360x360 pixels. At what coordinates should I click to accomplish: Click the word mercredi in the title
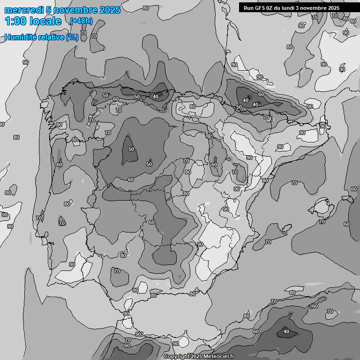(22, 10)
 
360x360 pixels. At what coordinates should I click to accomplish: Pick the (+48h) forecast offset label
(81, 21)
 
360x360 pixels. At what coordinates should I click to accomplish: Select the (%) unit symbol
(72, 37)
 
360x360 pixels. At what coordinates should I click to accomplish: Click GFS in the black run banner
(259, 8)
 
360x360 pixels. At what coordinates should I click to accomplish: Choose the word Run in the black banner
(248, 8)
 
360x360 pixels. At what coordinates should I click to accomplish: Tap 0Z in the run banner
(270, 8)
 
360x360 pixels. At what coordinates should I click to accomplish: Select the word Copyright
(177, 356)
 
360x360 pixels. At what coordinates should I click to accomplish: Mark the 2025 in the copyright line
(197, 356)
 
